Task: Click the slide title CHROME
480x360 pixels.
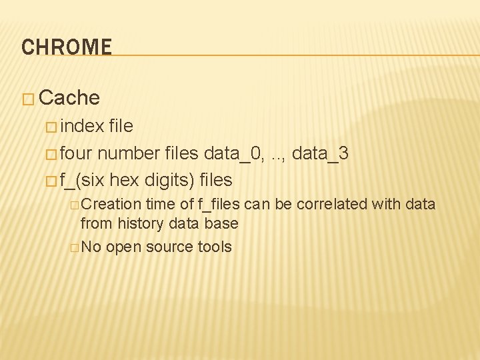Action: click(67, 47)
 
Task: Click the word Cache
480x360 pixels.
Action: click(69, 98)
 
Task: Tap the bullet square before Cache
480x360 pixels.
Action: click(27, 99)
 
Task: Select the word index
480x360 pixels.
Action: click(81, 126)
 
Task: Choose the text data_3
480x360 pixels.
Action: click(320, 153)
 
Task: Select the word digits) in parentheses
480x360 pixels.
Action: click(169, 180)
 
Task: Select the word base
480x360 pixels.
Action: click(222, 224)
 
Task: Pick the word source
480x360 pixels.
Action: click(169, 247)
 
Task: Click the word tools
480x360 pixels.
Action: click(215, 247)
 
